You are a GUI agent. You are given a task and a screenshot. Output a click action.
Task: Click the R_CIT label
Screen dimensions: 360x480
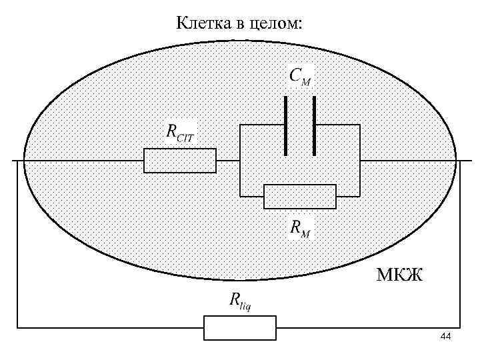(x=181, y=132)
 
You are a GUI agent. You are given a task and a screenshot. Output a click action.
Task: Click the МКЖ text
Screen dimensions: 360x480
(x=399, y=274)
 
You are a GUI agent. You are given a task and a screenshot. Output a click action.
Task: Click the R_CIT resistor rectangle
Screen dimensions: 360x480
(x=180, y=161)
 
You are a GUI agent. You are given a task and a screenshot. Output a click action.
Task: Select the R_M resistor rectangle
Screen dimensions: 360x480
(x=300, y=196)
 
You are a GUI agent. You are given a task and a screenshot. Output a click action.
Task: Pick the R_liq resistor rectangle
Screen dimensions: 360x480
(x=239, y=328)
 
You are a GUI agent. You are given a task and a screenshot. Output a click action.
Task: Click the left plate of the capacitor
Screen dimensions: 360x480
(x=286, y=126)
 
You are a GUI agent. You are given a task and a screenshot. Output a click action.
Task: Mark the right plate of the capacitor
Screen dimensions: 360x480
(x=315, y=126)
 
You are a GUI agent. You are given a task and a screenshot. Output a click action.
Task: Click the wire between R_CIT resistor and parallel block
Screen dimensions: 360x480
(x=228, y=161)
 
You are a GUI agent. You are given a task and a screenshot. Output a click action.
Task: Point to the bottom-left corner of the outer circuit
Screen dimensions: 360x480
(x=17, y=328)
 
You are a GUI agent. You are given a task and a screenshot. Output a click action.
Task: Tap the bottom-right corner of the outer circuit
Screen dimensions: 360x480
(x=461, y=328)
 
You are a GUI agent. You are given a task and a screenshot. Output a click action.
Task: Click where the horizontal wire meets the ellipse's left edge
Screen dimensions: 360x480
(x=24, y=161)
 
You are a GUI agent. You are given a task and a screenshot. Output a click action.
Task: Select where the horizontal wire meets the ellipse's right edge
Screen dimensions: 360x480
(x=456, y=161)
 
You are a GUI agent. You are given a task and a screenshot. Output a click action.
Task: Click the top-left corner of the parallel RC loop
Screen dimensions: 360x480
(x=240, y=125)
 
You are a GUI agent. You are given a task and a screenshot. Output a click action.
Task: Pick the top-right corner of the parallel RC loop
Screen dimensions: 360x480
(x=360, y=125)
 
